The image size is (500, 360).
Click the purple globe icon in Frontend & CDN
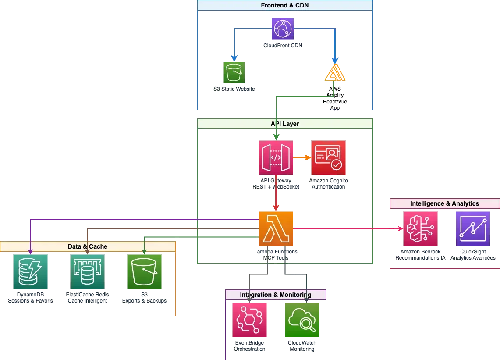(x=282, y=29)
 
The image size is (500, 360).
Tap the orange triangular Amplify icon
(x=334, y=73)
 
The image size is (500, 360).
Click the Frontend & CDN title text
(x=285, y=5)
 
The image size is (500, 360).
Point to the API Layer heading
(x=285, y=124)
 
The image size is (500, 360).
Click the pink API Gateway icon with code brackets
(x=276, y=158)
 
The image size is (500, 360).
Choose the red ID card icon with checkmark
(x=328, y=158)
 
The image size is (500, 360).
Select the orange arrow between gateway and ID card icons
(x=301, y=158)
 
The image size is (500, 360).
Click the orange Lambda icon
(x=276, y=228)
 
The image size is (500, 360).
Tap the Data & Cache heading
(x=88, y=246)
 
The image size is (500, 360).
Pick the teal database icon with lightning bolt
(x=30, y=272)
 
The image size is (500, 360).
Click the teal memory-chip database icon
(x=88, y=272)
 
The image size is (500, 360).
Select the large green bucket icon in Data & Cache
(x=145, y=272)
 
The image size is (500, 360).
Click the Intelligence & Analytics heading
(x=444, y=203)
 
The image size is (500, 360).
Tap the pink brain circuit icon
(x=421, y=228)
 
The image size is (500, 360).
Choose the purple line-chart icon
(x=473, y=228)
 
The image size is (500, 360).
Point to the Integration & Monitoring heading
(x=276, y=295)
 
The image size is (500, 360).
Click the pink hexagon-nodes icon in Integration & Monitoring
(x=249, y=321)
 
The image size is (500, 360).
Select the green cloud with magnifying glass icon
(x=302, y=321)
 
